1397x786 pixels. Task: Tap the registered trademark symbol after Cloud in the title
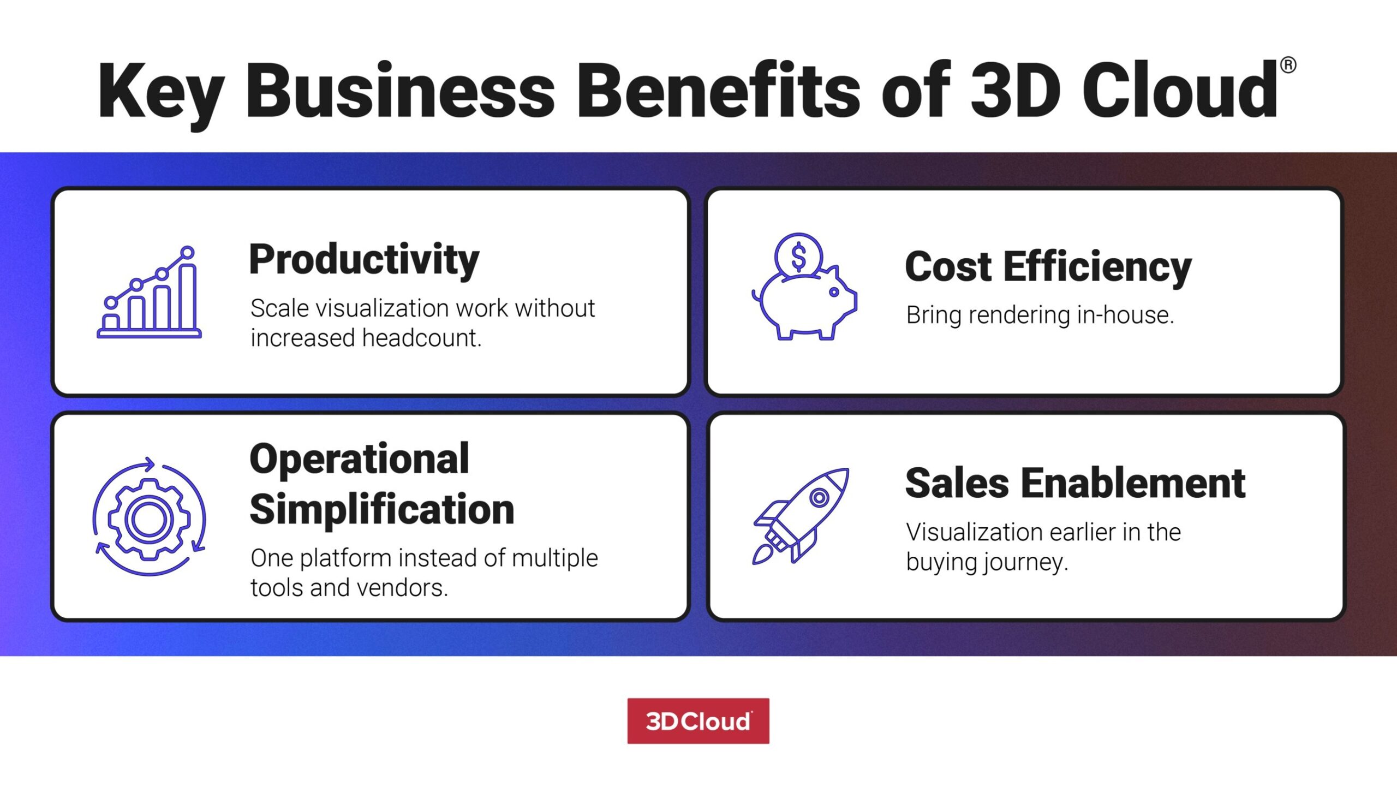tap(1288, 65)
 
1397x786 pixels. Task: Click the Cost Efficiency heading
tap(1048, 267)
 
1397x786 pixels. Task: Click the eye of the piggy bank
tap(834, 292)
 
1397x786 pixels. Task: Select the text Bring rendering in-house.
tap(1040, 315)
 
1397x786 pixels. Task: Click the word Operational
tap(359, 458)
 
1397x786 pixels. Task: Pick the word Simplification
tap(382, 509)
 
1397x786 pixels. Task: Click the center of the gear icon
tap(149, 519)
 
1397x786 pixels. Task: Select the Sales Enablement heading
tap(1075, 484)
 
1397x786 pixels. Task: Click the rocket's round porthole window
tap(819, 497)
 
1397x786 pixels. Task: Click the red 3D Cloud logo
tap(698, 721)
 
